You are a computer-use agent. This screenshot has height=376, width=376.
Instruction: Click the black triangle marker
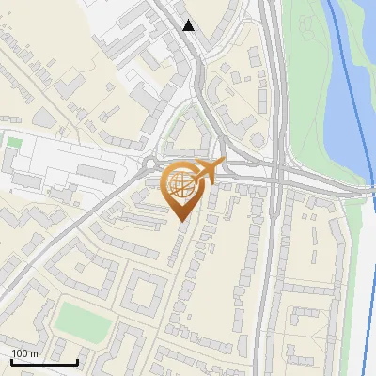tap(189, 25)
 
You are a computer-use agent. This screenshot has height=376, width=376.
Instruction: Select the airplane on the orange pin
tap(209, 171)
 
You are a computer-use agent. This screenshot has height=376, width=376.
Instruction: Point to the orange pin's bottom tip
tap(181, 221)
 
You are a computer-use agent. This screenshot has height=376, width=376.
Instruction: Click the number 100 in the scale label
tap(21, 353)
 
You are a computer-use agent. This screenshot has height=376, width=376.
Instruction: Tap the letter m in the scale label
tap(35, 353)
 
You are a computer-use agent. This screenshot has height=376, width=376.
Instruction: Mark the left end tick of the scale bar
tap(11, 361)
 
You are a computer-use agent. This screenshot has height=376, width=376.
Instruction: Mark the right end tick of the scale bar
tap(78, 361)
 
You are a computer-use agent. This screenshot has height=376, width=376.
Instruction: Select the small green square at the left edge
tap(14, 143)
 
